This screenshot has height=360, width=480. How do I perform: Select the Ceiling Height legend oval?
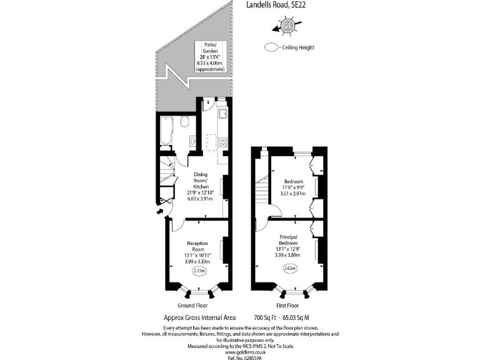click(x=271, y=47)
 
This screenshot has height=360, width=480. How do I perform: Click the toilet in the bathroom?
click(x=185, y=122)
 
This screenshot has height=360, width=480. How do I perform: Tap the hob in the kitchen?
click(x=224, y=142)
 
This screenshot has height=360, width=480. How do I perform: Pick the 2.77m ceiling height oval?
click(x=199, y=271)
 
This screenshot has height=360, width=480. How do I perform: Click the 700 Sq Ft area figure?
click(x=265, y=317)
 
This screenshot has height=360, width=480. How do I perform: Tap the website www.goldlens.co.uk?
click(x=241, y=352)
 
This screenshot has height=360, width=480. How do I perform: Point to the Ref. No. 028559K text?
click(x=241, y=357)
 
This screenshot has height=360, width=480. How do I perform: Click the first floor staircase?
click(x=261, y=191)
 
